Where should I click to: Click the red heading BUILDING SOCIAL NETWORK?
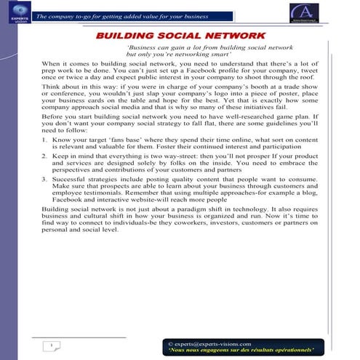tap(180, 35)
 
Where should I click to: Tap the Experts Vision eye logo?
tap(16, 11)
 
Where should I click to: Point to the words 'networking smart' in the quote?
tap(196, 55)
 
